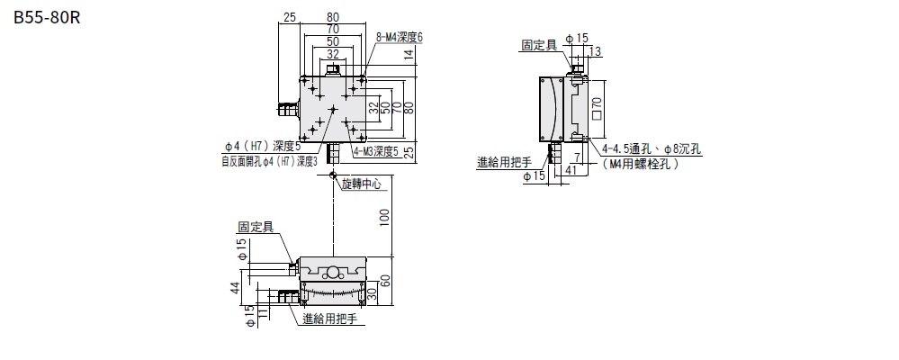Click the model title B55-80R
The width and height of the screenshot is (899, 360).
tap(48, 17)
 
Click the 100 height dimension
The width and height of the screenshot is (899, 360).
tap(384, 217)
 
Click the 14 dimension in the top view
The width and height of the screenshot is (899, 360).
tap(409, 54)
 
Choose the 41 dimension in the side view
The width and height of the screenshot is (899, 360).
tap(571, 167)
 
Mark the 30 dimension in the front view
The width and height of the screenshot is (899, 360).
tap(371, 293)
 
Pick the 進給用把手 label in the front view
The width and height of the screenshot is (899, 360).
tap(330, 319)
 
